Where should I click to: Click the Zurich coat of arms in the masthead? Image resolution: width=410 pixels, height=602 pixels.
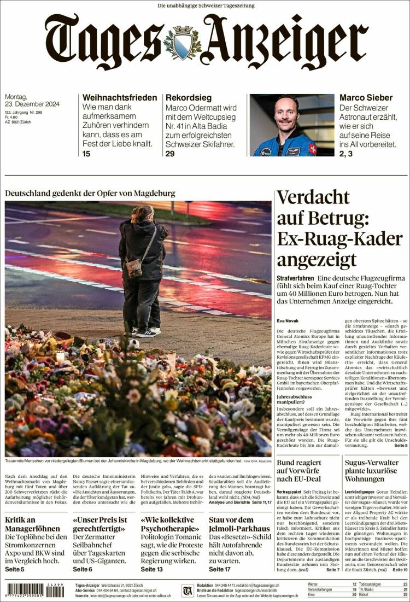(x=183, y=41)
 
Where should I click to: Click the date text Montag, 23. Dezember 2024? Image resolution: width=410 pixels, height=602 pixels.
(x=32, y=101)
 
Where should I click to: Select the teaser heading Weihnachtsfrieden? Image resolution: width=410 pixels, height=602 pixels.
(x=120, y=98)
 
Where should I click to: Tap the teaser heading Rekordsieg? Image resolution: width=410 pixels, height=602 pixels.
(x=188, y=98)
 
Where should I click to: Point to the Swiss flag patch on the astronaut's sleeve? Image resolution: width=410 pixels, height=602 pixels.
(x=313, y=148)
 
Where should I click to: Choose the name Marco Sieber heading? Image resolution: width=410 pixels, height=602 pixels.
(x=366, y=98)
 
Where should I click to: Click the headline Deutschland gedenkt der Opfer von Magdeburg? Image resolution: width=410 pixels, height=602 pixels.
(x=90, y=193)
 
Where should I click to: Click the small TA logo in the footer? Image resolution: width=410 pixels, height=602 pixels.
(x=187, y=591)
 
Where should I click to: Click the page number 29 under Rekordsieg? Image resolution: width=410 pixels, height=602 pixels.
(x=169, y=154)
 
